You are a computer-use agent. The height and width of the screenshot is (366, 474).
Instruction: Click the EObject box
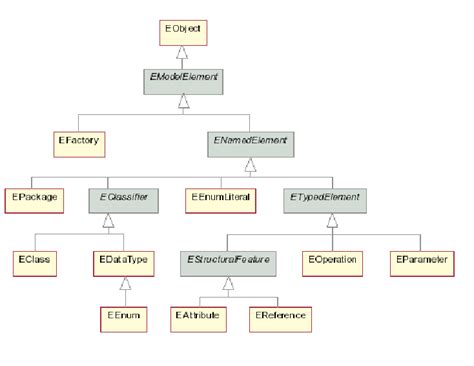coord(182,33)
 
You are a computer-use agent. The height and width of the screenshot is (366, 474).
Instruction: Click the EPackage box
coord(33,199)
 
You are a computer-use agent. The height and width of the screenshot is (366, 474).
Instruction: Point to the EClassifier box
coord(124,199)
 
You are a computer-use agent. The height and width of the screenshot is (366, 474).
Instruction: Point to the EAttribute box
coord(201,317)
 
